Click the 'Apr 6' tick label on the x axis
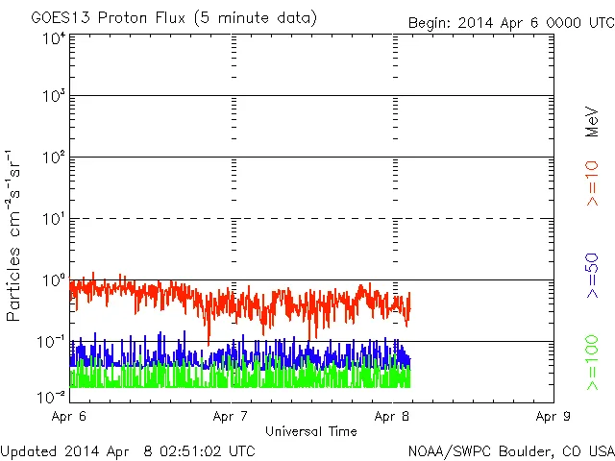tap(71, 417)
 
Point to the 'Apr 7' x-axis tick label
tap(232, 417)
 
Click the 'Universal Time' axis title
tap(311, 431)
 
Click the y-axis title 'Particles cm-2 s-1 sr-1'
tap(14, 235)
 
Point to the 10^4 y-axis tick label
tap(54, 38)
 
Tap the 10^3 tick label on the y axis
tap(54, 97)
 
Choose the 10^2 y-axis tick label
tap(54, 158)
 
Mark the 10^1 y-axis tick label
tap(54, 219)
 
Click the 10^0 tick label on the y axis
tap(54, 280)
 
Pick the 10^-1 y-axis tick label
tap(52, 342)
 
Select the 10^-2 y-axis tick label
tap(52, 397)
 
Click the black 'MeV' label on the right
tap(592, 121)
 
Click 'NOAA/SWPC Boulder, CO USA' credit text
tap(509, 450)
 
